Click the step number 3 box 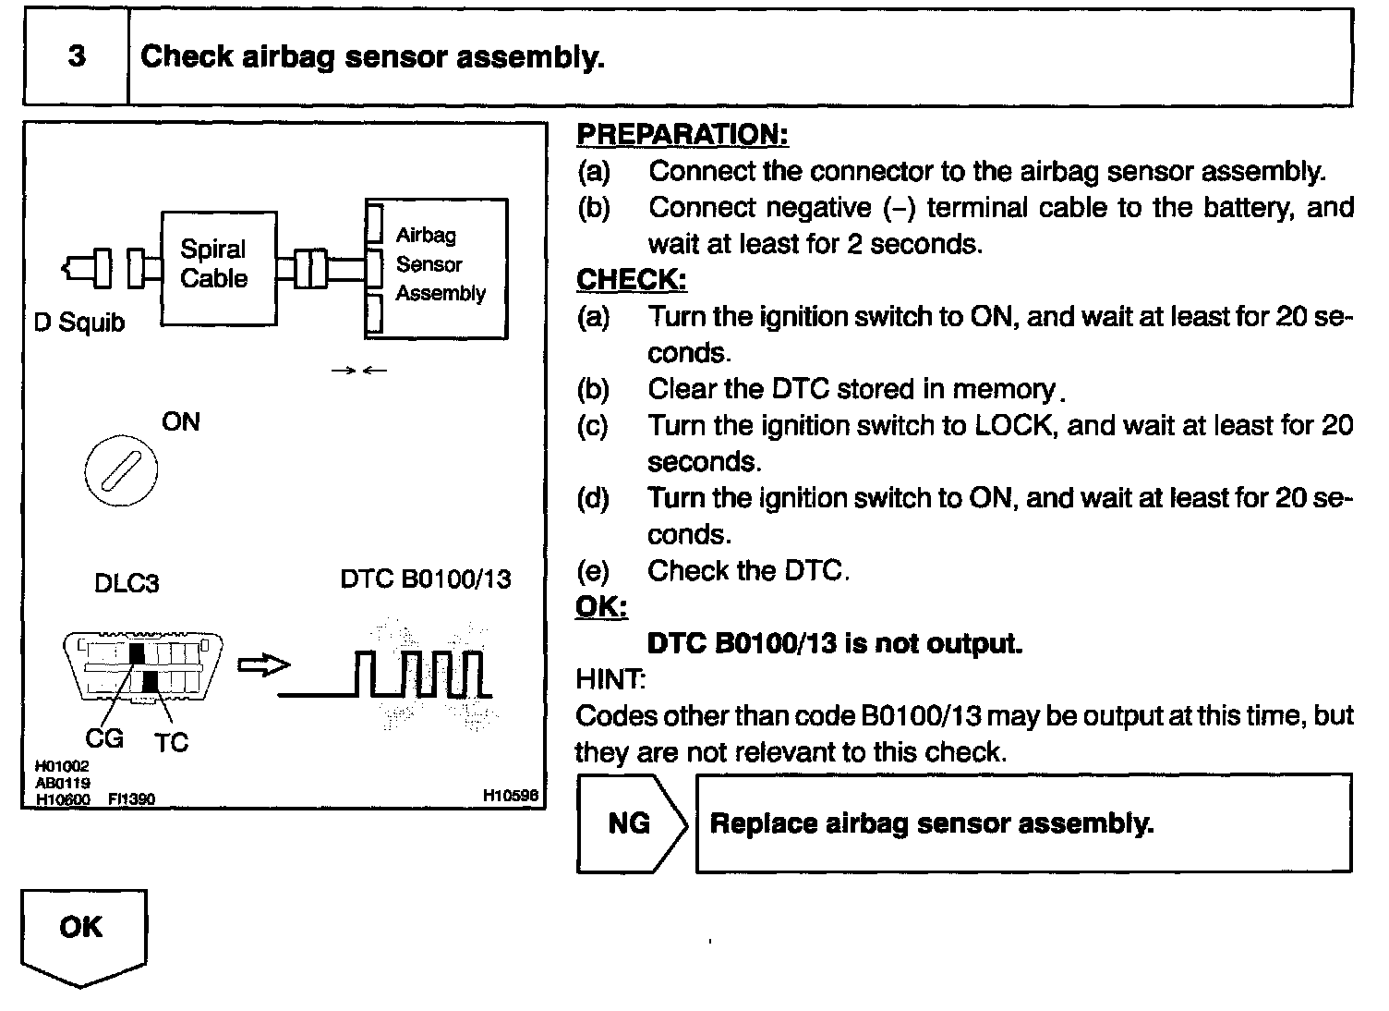coord(76,56)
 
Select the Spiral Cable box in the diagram coord(218,267)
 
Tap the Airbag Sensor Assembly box coord(437,268)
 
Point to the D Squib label coord(79,323)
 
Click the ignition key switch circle coord(121,472)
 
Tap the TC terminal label coord(172,742)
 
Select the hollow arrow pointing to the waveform coord(263,665)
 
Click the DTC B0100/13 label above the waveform coord(425,579)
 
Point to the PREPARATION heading coord(682,134)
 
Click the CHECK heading coord(632,279)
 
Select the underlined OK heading coord(601,607)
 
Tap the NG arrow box coord(631,823)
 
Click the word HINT coord(610,680)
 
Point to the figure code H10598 coord(510,795)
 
